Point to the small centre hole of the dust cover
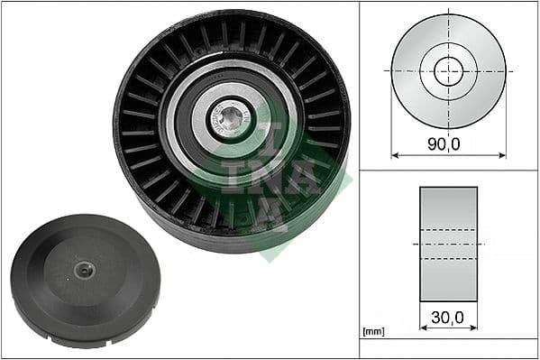pos(84,268)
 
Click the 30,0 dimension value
pos(448,317)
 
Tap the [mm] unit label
pos(371,332)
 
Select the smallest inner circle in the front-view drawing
pos(448,71)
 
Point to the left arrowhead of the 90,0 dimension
pos(394,154)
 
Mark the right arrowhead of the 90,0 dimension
pos(503,154)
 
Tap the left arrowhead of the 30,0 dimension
pos(423,328)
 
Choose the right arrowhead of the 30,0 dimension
pos(475,328)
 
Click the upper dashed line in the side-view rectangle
pos(448,229)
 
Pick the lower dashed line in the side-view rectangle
pos(448,259)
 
